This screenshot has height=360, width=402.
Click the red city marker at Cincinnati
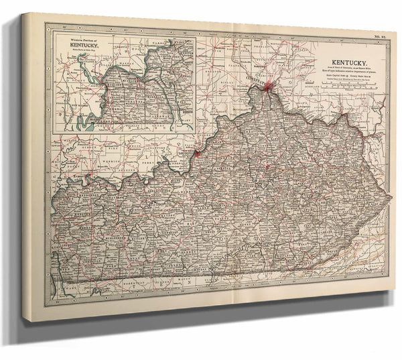point(269,86)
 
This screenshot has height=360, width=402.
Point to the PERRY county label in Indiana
point(145,163)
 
